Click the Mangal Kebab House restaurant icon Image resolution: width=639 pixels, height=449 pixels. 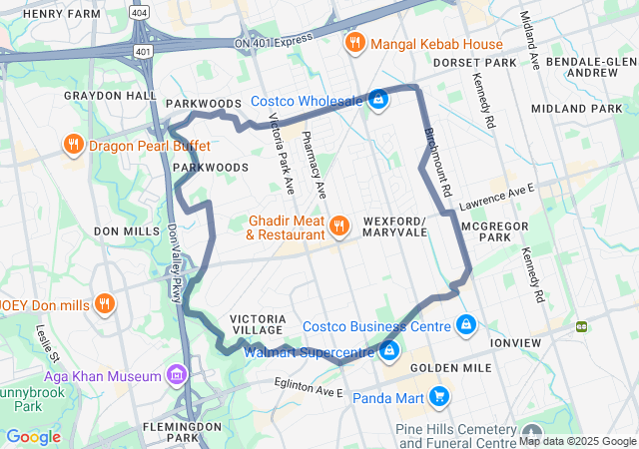click(353, 43)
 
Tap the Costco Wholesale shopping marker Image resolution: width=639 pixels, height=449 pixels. click(378, 100)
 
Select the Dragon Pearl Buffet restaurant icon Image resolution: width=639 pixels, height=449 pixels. click(73, 146)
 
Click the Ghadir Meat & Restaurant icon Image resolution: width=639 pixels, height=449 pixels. click(339, 225)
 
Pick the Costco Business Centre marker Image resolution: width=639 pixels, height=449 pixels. click(465, 325)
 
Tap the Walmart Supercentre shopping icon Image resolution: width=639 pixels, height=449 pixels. click(389, 350)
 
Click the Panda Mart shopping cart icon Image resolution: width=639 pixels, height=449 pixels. click(439, 397)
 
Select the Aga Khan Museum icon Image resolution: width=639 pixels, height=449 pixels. click(177, 375)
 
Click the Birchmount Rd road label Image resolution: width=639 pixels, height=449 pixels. click(437, 160)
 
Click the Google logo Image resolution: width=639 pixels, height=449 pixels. click(33, 437)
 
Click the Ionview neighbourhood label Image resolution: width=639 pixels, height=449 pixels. click(516, 342)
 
